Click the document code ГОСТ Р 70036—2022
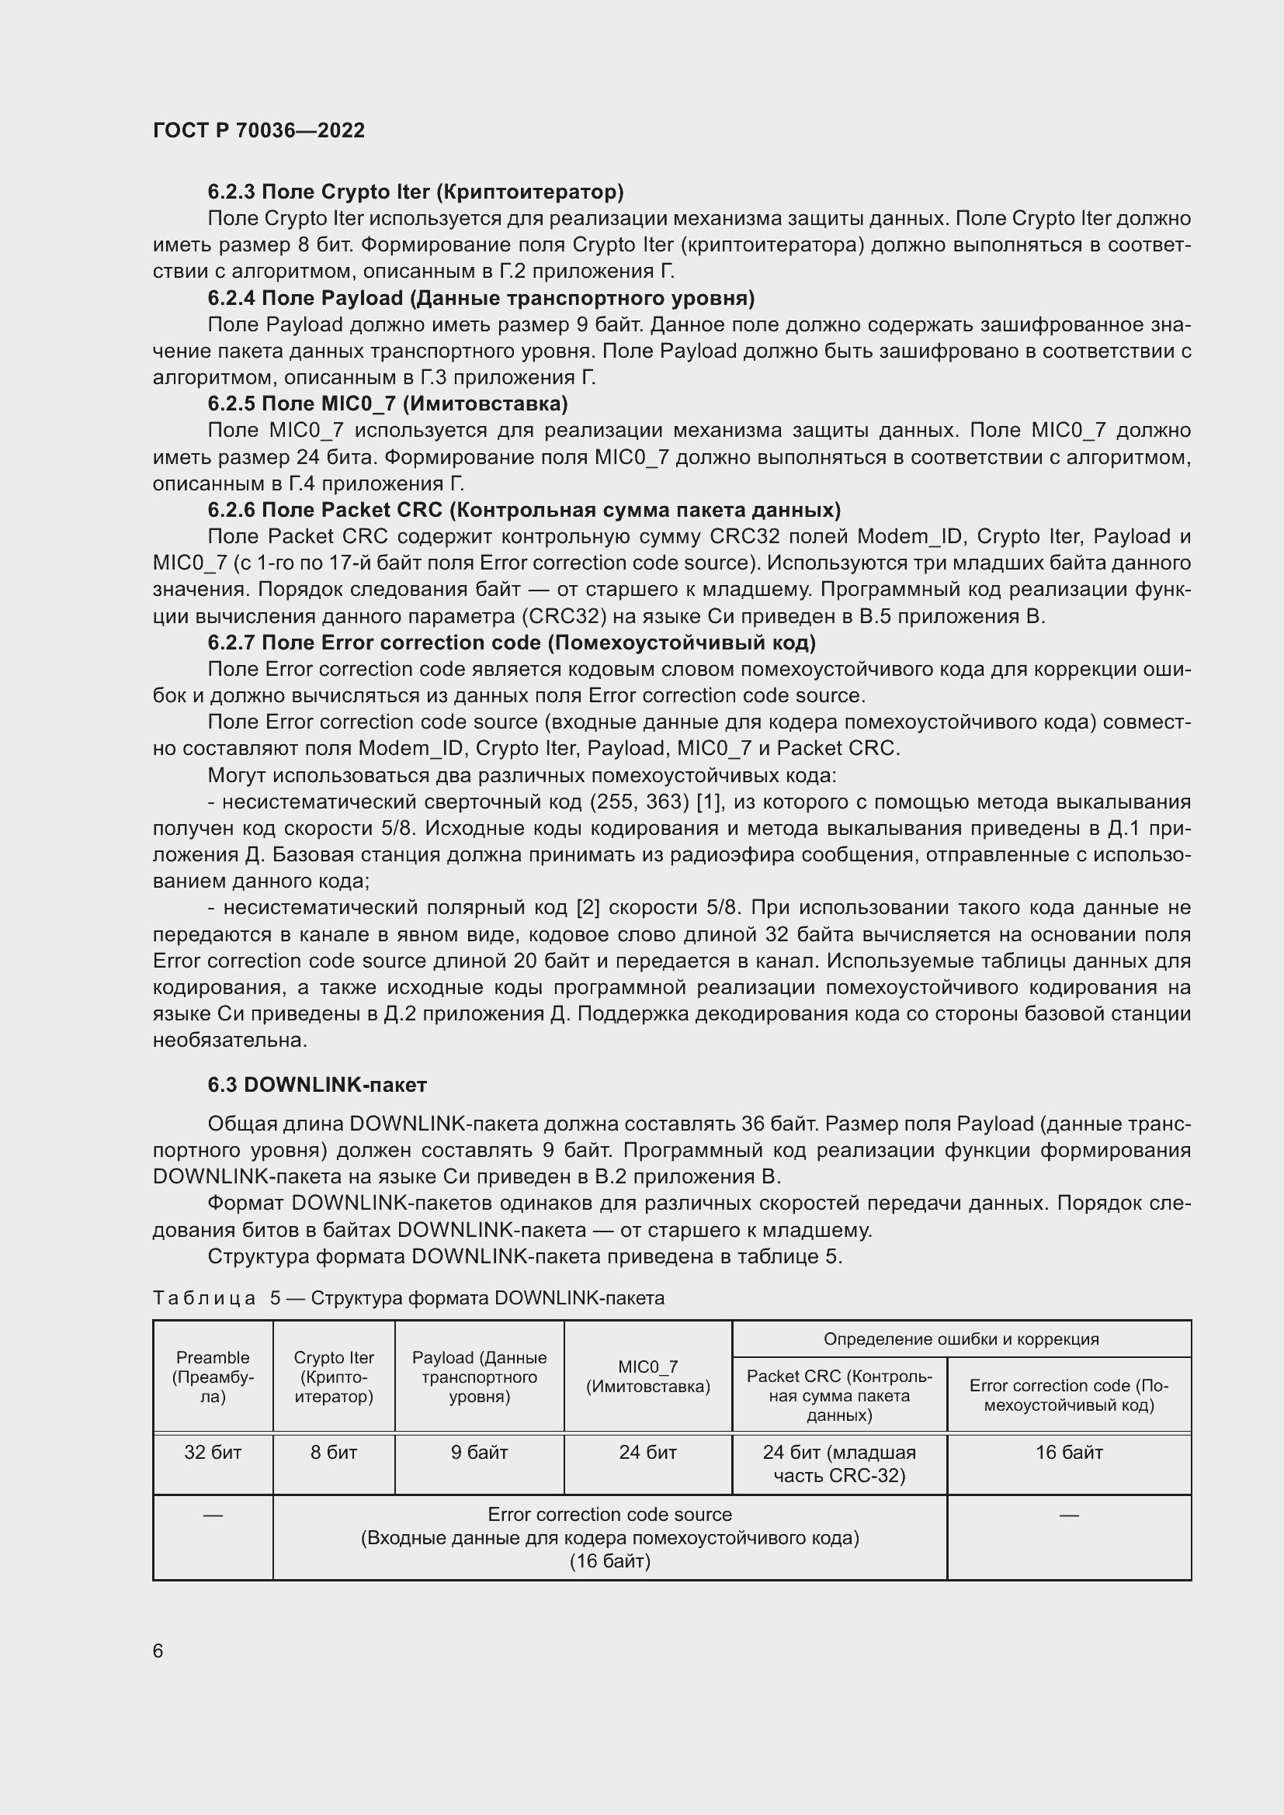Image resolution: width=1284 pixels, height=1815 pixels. click(x=259, y=130)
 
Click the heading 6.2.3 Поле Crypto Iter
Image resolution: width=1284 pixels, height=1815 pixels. click(x=415, y=192)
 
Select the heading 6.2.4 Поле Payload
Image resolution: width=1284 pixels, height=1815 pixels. click(x=481, y=298)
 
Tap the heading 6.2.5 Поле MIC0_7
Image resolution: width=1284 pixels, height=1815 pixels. click(x=387, y=404)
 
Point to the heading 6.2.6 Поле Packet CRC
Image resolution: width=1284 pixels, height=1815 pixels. click(x=523, y=510)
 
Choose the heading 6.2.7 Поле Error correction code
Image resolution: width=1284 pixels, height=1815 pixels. click(x=512, y=642)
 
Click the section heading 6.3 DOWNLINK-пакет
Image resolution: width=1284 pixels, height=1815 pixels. click(x=317, y=1085)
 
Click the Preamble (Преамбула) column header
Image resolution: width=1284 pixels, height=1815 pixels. click(x=213, y=1377)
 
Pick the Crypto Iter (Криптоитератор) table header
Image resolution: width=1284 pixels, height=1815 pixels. click(x=334, y=1377)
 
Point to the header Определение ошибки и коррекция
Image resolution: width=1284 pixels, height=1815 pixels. click(x=960, y=1339)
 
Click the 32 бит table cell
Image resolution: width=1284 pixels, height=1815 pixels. click(x=213, y=1452)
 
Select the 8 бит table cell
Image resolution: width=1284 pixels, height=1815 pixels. click(x=334, y=1452)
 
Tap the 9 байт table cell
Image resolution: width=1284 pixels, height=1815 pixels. click(x=479, y=1452)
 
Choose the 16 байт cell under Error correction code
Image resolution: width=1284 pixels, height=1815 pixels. click(x=1069, y=1452)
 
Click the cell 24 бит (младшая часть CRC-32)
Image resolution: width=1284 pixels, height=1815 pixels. click(x=839, y=1463)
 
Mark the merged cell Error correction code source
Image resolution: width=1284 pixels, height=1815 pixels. click(x=609, y=1537)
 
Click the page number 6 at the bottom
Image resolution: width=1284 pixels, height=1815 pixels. click(x=158, y=1651)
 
